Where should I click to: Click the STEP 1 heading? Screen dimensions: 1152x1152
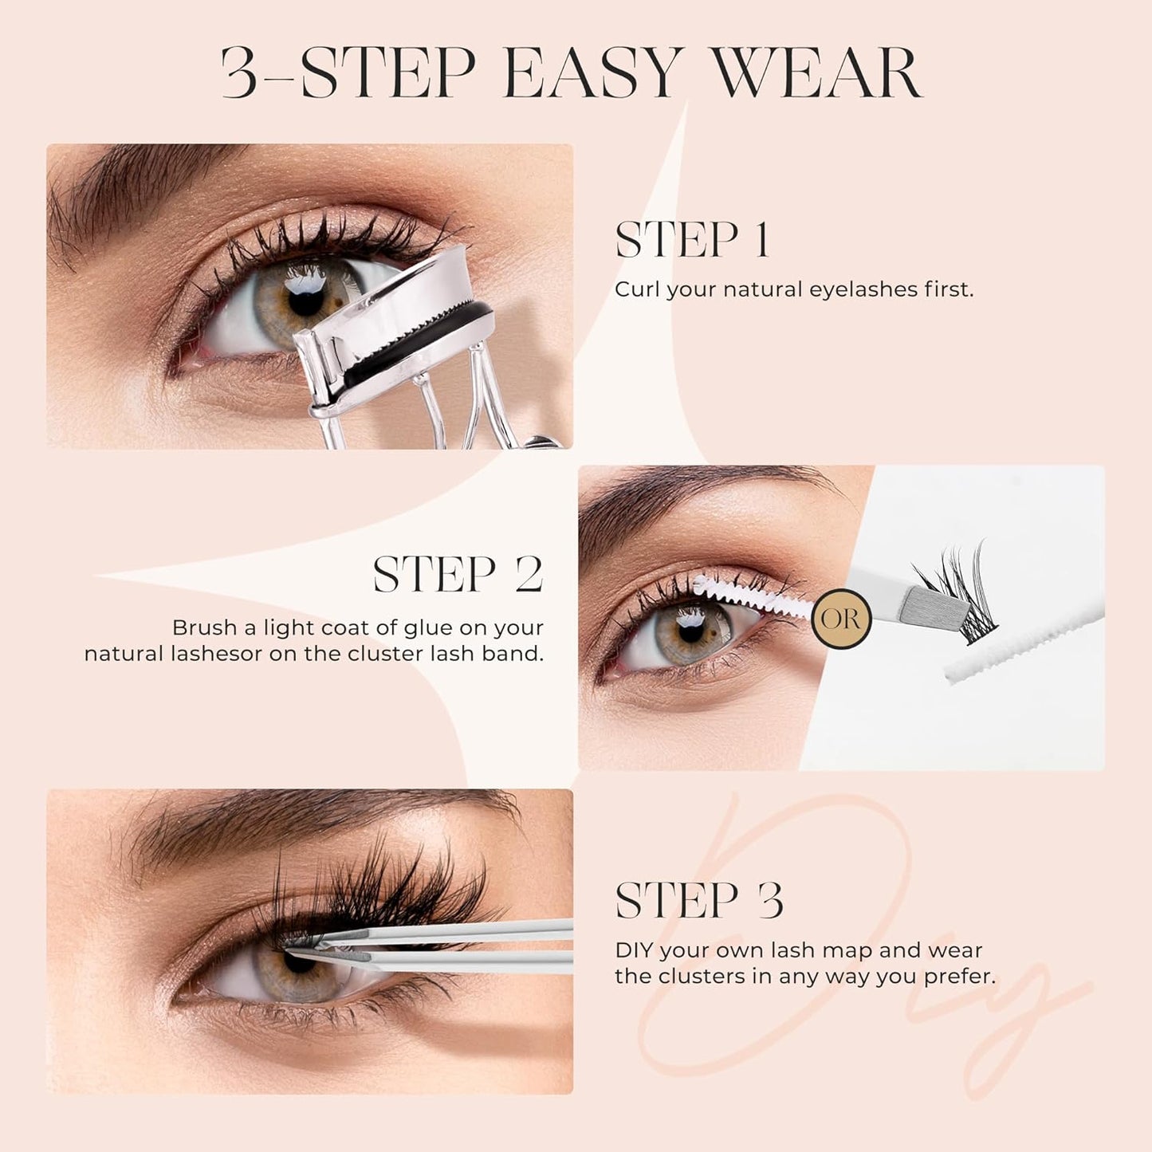(692, 240)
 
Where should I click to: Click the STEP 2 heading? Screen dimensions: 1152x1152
(458, 575)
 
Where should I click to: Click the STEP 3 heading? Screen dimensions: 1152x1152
(699, 902)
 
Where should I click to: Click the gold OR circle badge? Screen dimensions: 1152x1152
(841, 618)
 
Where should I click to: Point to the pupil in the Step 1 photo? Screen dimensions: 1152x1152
(306, 301)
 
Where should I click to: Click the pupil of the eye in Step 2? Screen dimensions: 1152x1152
(690, 623)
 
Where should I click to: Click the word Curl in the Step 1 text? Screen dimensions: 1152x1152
(637, 289)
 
